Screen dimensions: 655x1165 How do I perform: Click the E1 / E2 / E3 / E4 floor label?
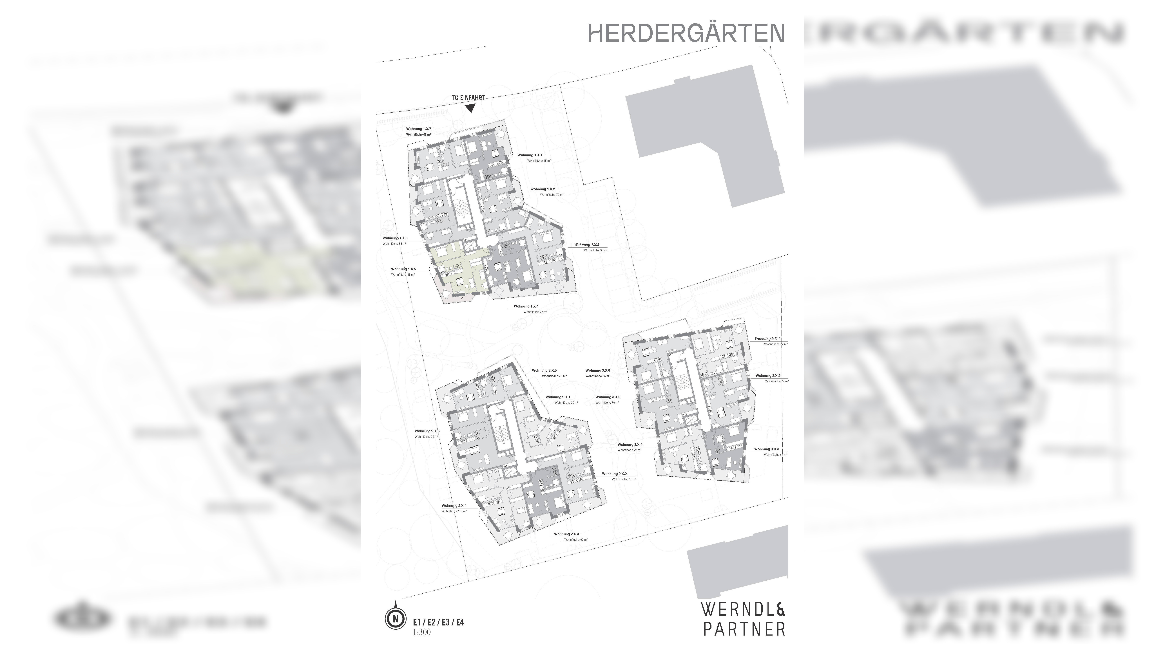(x=438, y=622)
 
